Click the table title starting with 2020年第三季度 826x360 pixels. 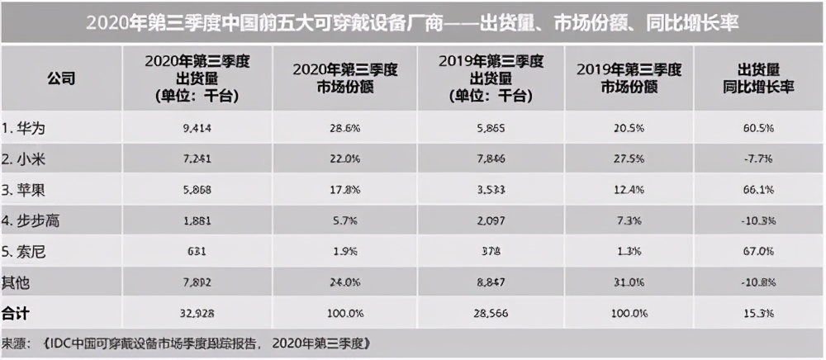412,23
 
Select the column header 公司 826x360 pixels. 61,79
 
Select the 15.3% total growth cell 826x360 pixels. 757,313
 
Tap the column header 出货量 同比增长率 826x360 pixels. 757,79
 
